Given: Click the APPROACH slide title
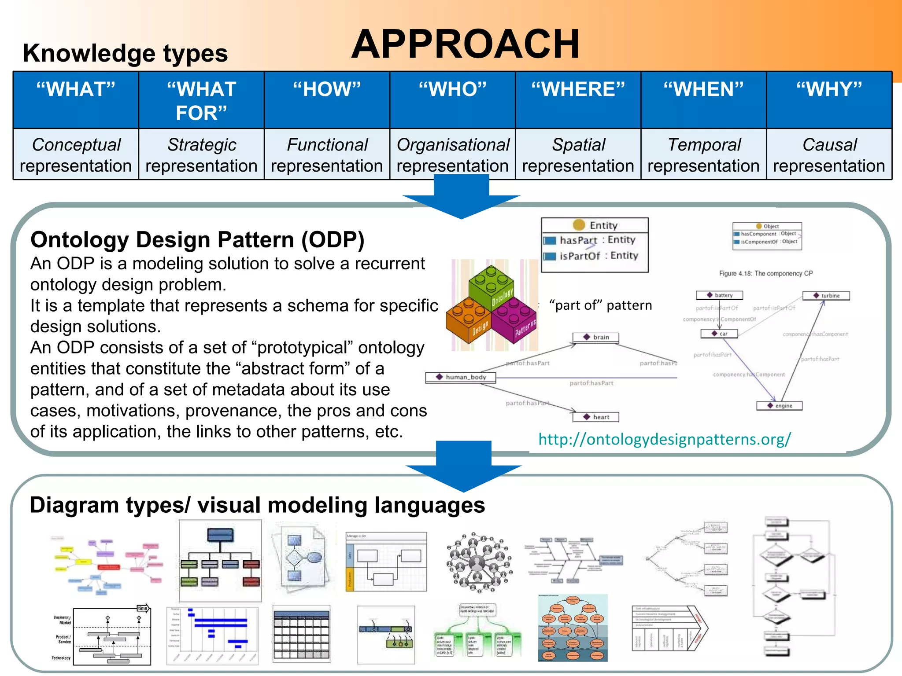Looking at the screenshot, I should pyautogui.click(x=465, y=44).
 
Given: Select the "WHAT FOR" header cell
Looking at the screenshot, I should pyautogui.click(x=201, y=100).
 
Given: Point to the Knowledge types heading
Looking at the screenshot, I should pyautogui.click(x=126, y=53).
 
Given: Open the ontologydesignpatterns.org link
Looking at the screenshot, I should pyautogui.click(x=664, y=439).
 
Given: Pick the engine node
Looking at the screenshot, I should pyautogui.click(x=779, y=406).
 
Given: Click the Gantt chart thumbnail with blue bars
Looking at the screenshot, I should pyautogui.click(x=213, y=635).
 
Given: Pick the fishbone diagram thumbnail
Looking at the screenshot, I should pyautogui.click(x=573, y=560).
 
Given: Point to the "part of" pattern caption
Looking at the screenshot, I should pyautogui.click(x=600, y=305).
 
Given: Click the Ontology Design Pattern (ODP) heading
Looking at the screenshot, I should pyautogui.click(x=197, y=240).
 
